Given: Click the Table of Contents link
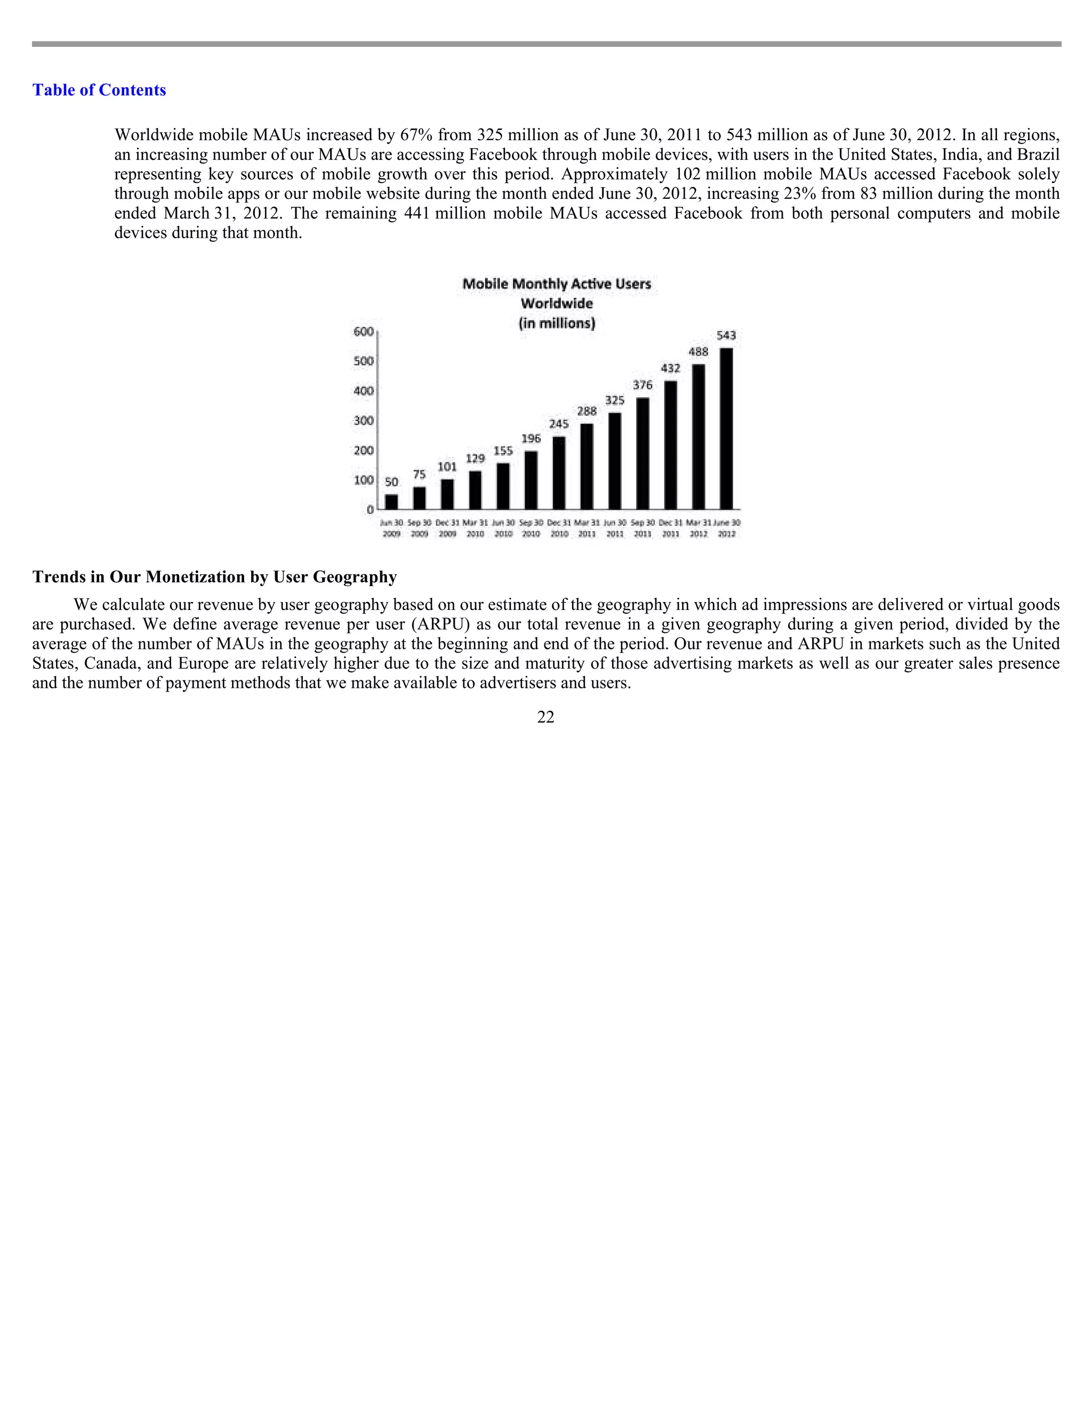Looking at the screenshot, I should [99, 90].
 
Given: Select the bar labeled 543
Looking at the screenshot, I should [727, 428].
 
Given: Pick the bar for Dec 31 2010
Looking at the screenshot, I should [559, 472].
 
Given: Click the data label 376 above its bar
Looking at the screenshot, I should [643, 385].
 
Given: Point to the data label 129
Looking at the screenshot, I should [476, 459].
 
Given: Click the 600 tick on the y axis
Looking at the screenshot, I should [364, 332].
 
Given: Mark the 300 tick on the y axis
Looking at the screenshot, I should [364, 421].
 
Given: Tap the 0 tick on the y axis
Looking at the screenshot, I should [370, 510].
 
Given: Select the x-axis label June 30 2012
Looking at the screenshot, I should [727, 528].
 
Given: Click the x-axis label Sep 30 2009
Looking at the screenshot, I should [419, 528].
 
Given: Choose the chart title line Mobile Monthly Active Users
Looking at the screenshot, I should [556, 284].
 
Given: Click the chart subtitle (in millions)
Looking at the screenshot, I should [556, 323].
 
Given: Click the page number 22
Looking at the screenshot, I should [545, 717].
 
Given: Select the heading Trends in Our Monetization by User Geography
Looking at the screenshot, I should [214, 576].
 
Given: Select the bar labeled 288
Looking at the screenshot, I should [587, 466].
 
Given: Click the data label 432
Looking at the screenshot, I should [670, 368].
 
